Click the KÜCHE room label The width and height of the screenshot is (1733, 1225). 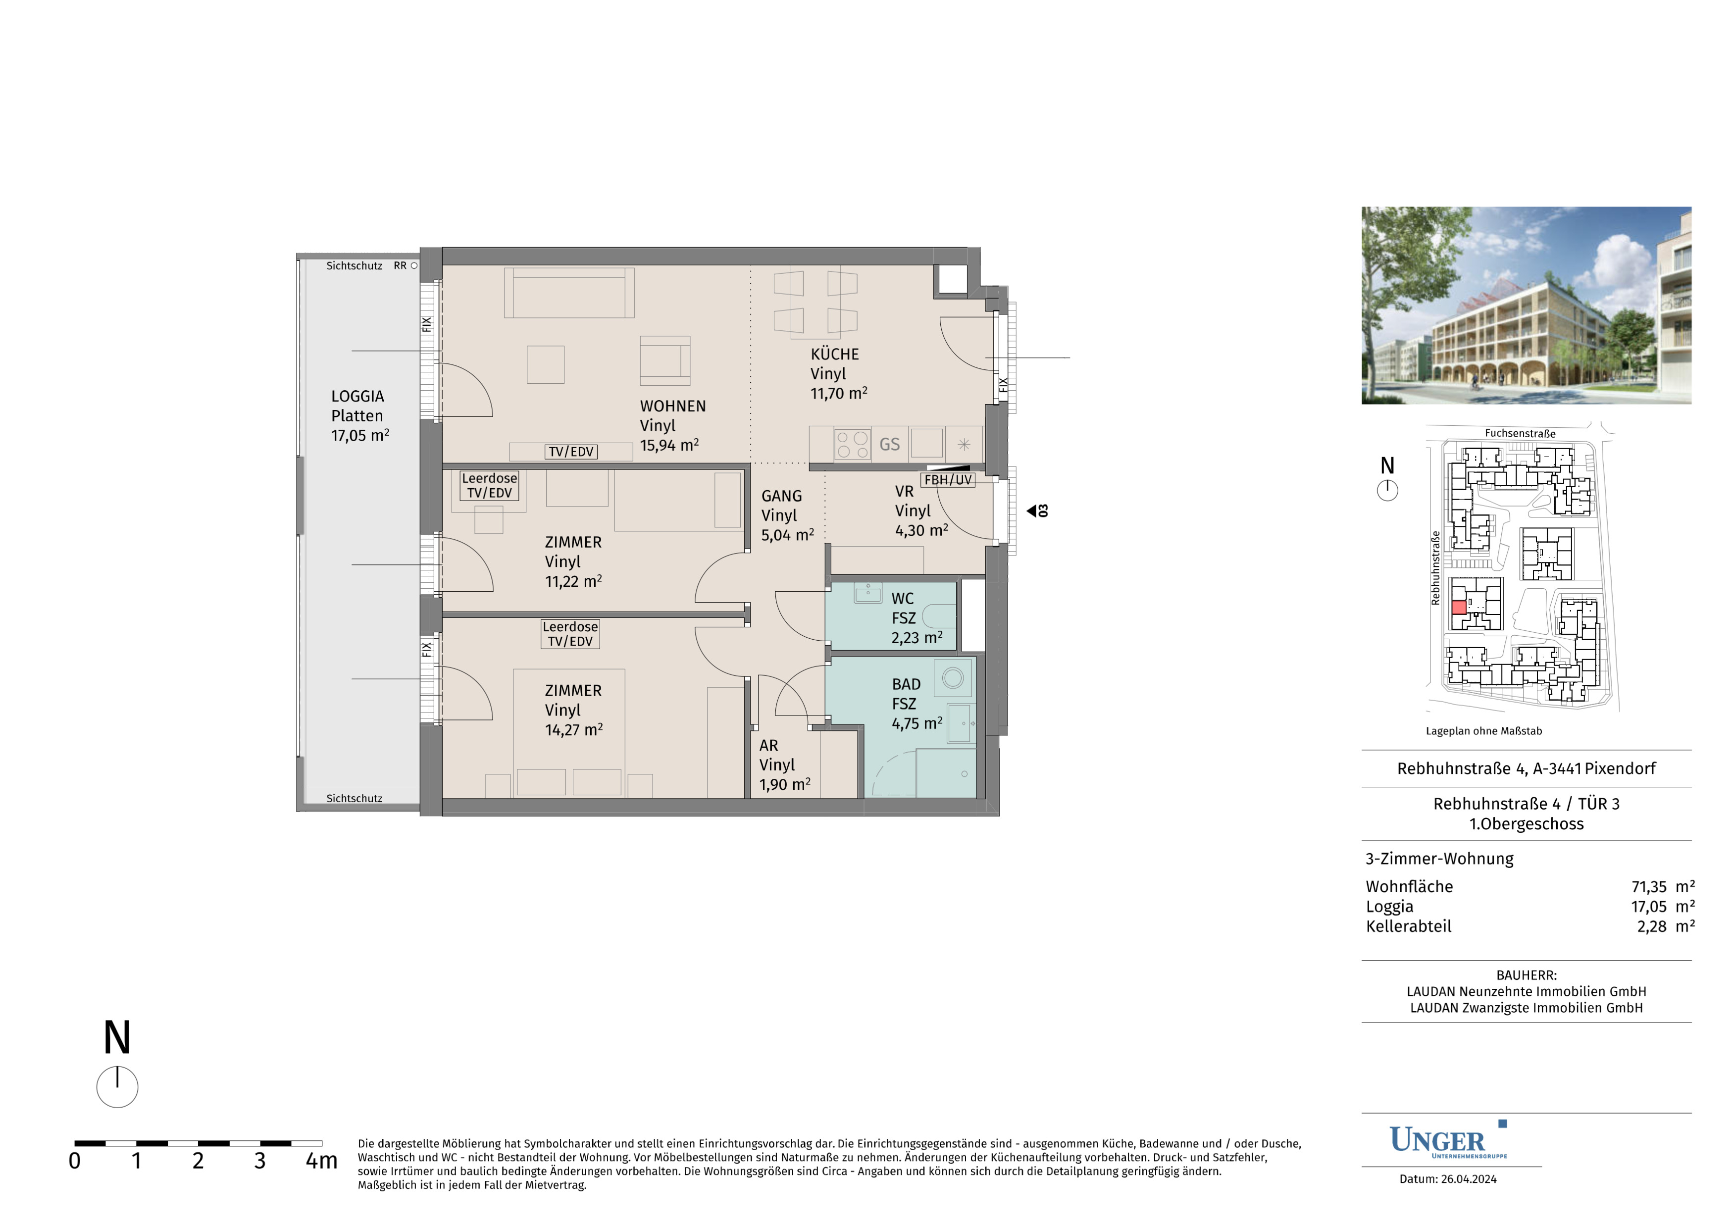coord(835,354)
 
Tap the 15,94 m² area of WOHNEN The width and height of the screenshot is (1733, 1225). coord(669,445)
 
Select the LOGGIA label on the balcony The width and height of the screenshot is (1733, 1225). coord(358,396)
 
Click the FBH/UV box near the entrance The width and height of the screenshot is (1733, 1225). coord(948,479)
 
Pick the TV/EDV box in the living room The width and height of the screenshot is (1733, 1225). coord(570,452)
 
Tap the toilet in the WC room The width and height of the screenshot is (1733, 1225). coord(939,616)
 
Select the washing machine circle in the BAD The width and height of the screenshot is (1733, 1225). coord(953,678)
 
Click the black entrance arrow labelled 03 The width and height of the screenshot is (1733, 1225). coord(1032,511)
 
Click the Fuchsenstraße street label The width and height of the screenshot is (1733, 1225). coord(1520,433)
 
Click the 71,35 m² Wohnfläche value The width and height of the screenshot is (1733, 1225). coord(1663,887)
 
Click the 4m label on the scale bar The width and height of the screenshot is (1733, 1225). coord(321,1161)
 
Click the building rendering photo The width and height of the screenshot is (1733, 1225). coord(1526,305)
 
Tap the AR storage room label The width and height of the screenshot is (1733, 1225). coord(768,746)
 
